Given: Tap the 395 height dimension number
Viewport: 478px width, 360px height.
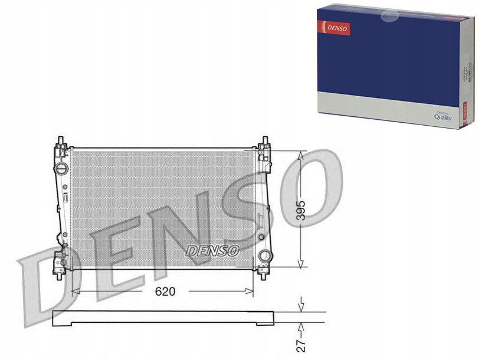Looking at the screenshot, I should point(302,209).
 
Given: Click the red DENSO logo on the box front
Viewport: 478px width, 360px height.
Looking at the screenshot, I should point(334,27).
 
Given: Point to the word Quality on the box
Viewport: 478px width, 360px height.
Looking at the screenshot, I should point(443,117).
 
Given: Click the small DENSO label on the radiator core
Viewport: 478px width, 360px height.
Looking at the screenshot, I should point(212,250).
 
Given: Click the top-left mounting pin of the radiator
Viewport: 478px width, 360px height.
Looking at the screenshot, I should point(61,142).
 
